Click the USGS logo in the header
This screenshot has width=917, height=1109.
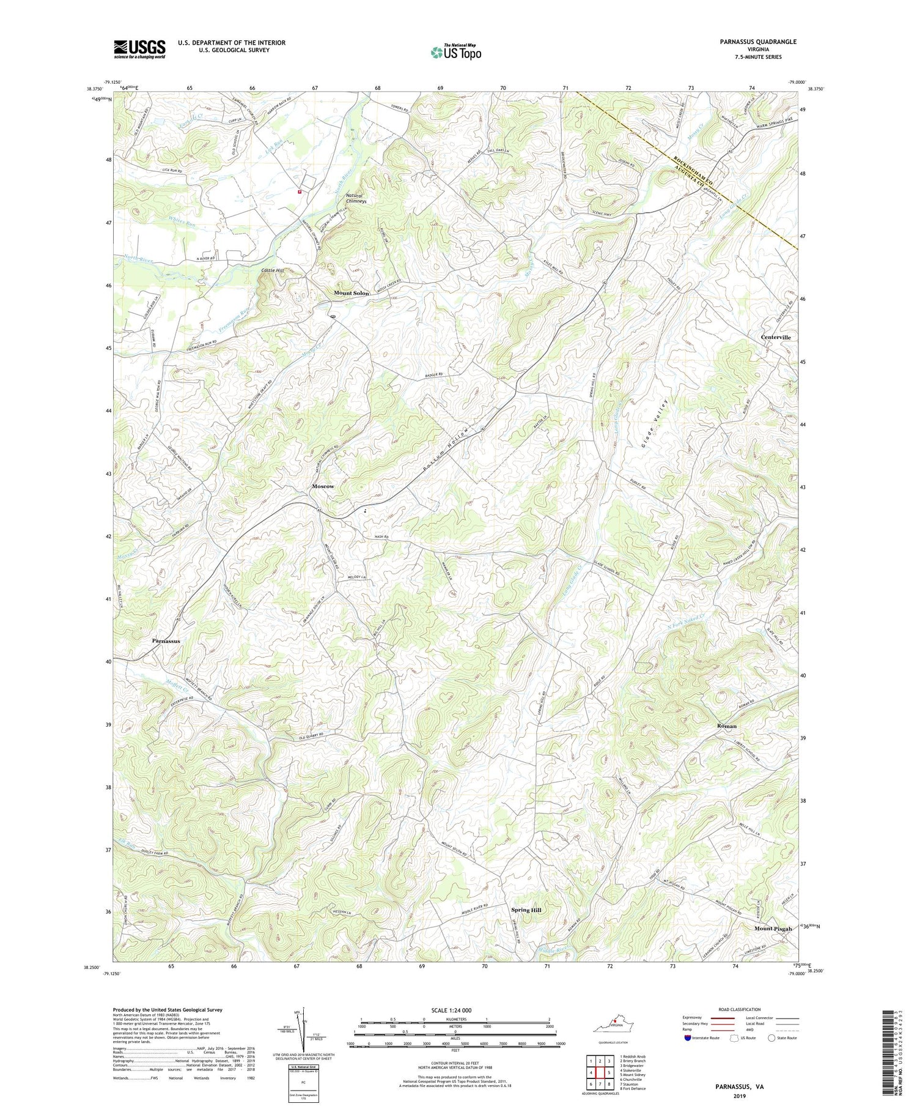point(139,49)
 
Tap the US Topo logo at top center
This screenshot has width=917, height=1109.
point(455,52)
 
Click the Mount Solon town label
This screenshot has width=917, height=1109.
point(351,293)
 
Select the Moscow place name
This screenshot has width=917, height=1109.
point(323,486)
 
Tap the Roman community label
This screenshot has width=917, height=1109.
point(727,726)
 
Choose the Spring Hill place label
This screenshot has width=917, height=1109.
point(526,910)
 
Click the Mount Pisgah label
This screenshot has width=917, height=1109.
point(773,929)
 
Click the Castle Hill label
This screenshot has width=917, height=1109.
point(273,270)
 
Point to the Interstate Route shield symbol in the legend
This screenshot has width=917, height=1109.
point(688,1037)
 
